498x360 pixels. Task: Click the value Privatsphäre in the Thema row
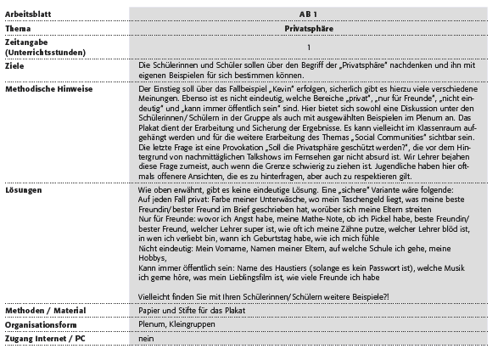[308, 28]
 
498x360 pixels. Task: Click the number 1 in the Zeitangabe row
[308, 47]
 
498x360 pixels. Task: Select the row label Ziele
[14, 65]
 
